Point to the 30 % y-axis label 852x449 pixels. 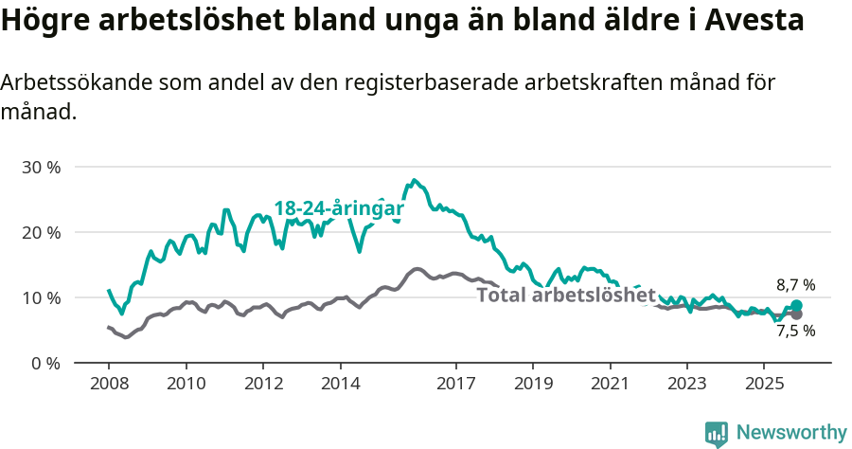(x=41, y=167)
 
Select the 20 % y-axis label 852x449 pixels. (x=41, y=232)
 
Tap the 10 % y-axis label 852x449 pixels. (x=41, y=297)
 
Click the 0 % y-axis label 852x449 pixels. (x=44, y=363)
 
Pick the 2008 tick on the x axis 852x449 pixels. (x=109, y=386)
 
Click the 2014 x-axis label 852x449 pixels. (x=340, y=386)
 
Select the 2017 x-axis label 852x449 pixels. (x=455, y=386)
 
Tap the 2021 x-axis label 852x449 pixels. (x=610, y=386)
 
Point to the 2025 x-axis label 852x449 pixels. (x=764, y=386)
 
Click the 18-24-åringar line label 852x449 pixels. (x=339, y=208)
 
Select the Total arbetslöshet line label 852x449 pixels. (x=566, y=295)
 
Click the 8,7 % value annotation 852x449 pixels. (x=795, y=284)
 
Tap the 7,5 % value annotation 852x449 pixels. (x=795, y=331)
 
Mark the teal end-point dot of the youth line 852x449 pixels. (x=796, y=306)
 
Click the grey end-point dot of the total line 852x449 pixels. (x=796, y=314)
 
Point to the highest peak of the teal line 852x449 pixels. (x=414, y=179)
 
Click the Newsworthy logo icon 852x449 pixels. (x=717, y=434)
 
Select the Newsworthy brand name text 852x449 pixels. (x=791, y=433)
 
